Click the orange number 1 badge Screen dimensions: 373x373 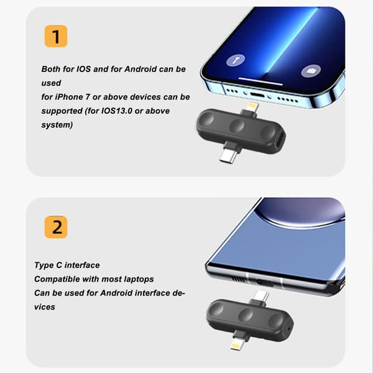[56, 36]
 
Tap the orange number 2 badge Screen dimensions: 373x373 [56, 227]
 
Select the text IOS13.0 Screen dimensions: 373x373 [117, 111]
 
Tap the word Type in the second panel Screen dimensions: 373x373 [44, 265]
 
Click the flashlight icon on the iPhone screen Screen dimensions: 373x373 [235, 60]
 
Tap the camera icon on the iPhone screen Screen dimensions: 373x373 [311, 71]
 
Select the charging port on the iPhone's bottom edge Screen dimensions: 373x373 [257, 95]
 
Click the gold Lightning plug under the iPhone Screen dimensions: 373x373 [252, 106]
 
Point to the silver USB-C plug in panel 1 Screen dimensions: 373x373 [228, 157]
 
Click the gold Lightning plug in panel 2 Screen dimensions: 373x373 [236, 346]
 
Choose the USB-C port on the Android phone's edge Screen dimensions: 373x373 [265, 283]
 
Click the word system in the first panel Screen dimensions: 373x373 [57, 125]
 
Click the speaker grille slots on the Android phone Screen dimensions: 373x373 [238, 279]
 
